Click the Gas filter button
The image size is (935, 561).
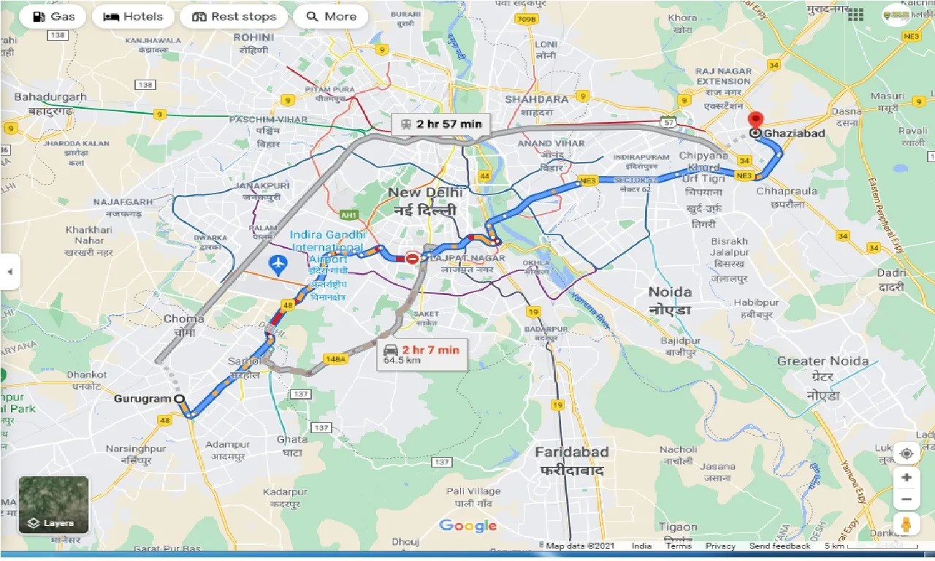click(52, 17)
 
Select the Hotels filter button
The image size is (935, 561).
click(133, 17)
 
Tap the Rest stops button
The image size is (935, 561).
click(234, 17)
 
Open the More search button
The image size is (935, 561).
click(330, 17)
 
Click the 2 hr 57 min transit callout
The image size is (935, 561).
click(438, 124)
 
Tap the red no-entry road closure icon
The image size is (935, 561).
click(413, 258)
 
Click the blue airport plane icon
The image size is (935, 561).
click(278, 264)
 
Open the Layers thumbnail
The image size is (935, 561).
click(53, 505)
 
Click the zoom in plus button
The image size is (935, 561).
click(907, 478)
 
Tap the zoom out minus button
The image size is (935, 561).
click(907, 500)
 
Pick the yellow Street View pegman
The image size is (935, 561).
click(907, 524)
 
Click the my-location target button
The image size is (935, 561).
click(907, 453)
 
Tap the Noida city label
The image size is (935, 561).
click(670, 292)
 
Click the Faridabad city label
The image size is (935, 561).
click(571, 452)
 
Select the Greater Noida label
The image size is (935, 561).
click(823, 361)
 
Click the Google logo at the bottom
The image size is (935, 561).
click(468, 526)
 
